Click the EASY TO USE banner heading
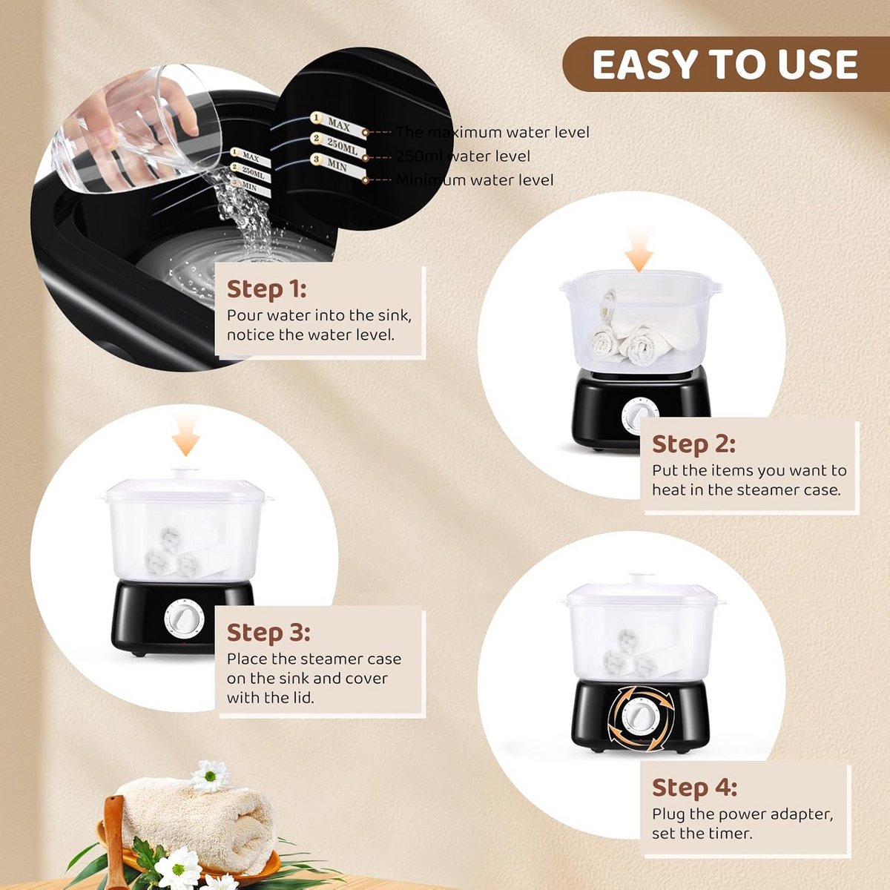coord(725,65)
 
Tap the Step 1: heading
coord(266,289)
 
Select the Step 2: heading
coord(693,444)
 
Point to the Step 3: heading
coord(268,633)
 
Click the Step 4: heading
coord(695,788)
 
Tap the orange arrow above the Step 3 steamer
coord(186,435)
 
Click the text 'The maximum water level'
coord(492,133)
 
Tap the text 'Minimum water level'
coord(475,180)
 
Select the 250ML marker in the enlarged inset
coord(340,145)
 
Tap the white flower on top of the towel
coord(210,776)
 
